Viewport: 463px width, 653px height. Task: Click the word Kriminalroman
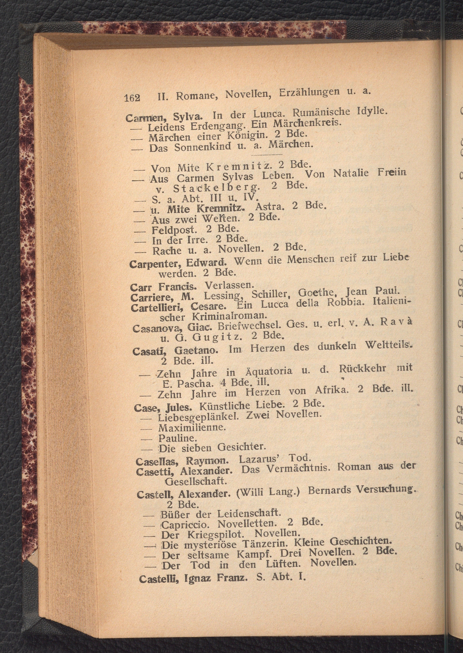(x=230, y=316)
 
